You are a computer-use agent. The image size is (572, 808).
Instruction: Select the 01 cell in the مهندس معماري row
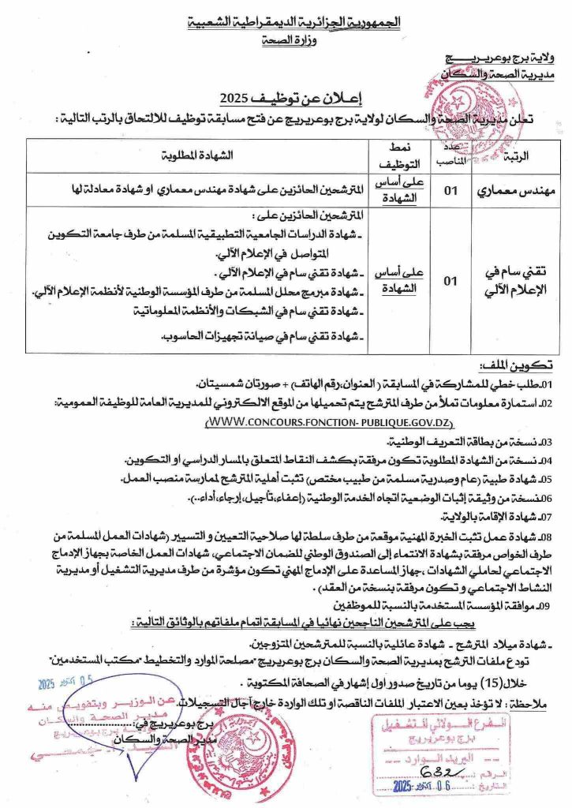[449, 189]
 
